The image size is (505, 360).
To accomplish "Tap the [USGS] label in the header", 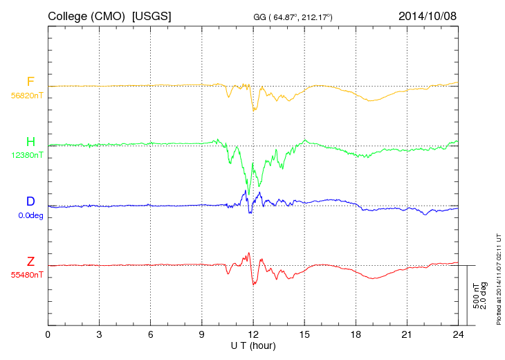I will [x=152, y=15].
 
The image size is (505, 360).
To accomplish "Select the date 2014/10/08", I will [x=428, y=15].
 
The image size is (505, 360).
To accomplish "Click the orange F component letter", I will [x=30, y=82].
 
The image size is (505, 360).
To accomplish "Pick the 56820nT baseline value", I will [x=26, y=96].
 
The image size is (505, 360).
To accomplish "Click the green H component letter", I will [x=30, y=142].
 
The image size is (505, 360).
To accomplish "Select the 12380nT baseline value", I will [x=26, y=156].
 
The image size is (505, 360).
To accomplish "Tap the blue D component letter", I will [x=30, y=201].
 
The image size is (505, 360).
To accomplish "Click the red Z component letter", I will [x=30, y=261].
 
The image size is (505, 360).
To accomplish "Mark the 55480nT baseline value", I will [x=26, y=275].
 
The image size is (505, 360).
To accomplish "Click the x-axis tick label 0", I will [x=48, y=334].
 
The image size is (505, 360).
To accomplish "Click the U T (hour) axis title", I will [x=253, y=345].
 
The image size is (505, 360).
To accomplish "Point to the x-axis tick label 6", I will [x=151, y=334].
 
